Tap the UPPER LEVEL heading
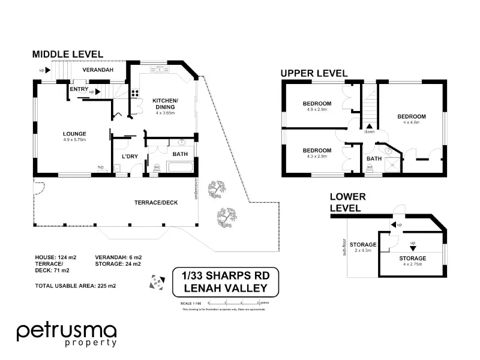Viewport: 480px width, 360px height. (x=314, y=73)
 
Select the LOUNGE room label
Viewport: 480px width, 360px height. (x=75, y=134)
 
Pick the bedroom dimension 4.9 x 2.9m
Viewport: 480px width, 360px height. (x=317, y=110)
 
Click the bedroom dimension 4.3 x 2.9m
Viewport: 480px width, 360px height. (x=317, y=157)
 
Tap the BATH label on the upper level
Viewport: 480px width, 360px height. (x=374, y=159)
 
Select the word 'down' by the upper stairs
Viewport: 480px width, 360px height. (x=370, y=131)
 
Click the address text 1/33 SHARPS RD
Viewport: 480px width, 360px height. (x=225, y=276)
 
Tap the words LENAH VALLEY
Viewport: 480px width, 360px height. (x=225, y=288)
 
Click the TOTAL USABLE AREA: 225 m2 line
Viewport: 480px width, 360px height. (x=75, y=286)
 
